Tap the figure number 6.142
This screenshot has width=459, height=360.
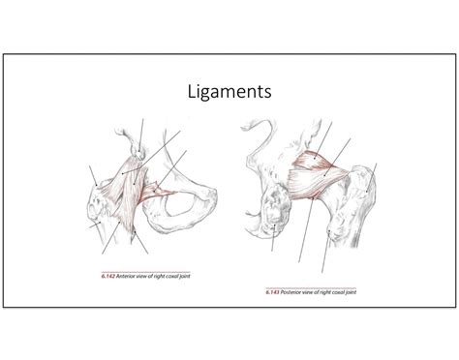[109, 278]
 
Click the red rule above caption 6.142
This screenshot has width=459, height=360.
[145, 270]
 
